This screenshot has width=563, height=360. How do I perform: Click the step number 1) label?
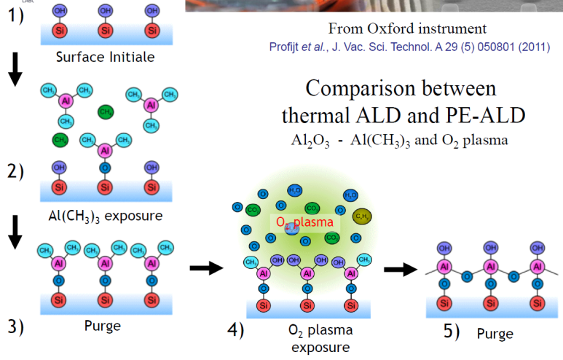(17, 15)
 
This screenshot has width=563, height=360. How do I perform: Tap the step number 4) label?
(236, 330)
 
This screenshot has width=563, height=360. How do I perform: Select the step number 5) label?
(452, 331)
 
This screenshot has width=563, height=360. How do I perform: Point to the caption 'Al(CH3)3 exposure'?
(106, 216)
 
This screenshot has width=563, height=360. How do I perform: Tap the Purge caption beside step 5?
(495, 334)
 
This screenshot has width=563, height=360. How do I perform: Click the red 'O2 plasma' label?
(304, 222)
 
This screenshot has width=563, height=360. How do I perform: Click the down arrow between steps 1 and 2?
(15, 71)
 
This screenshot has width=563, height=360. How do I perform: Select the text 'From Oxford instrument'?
(396, 30)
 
